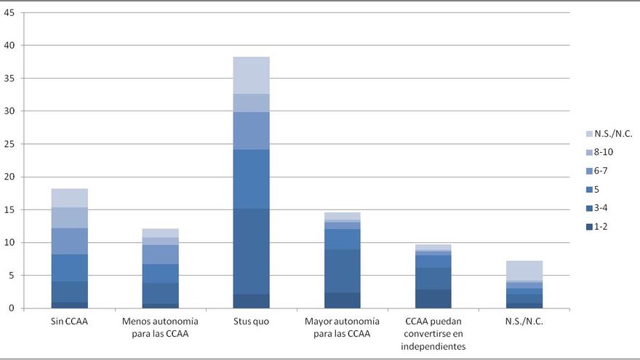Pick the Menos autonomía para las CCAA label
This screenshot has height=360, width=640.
tap(160, 328)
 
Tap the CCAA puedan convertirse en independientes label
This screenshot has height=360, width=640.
tap(433, 334)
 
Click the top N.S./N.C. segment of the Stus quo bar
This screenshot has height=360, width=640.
tap(252, 75)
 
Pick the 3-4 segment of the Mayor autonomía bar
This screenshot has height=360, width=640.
tap(343, 271)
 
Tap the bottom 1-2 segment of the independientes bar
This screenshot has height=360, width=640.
tap(433, 299)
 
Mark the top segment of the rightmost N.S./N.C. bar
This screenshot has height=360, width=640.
tap(524, 270)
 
